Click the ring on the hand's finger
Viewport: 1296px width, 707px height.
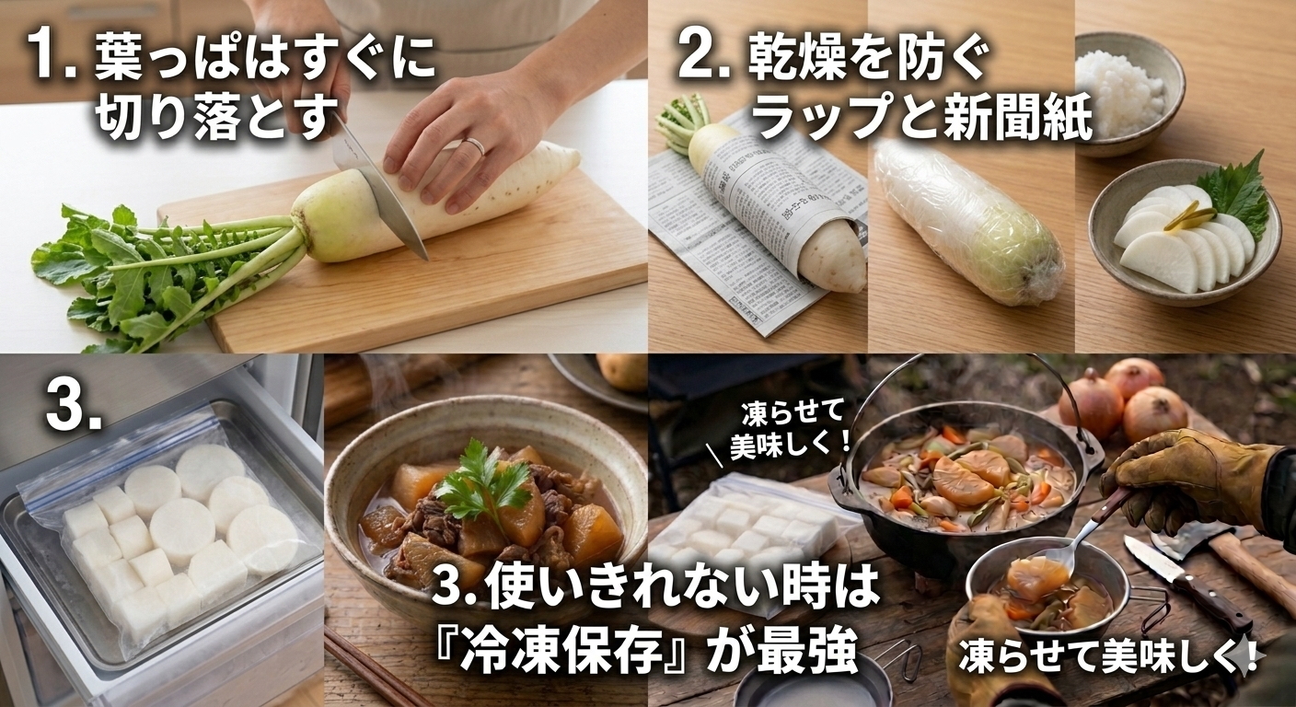(476, 145)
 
